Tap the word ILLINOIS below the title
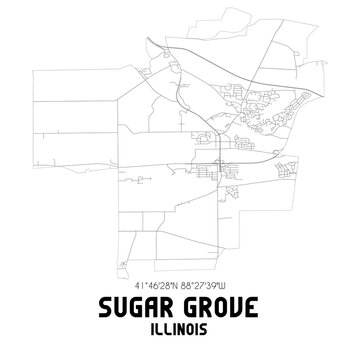click(x=179, y=326)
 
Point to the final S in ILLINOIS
click(x=209, y=326)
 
